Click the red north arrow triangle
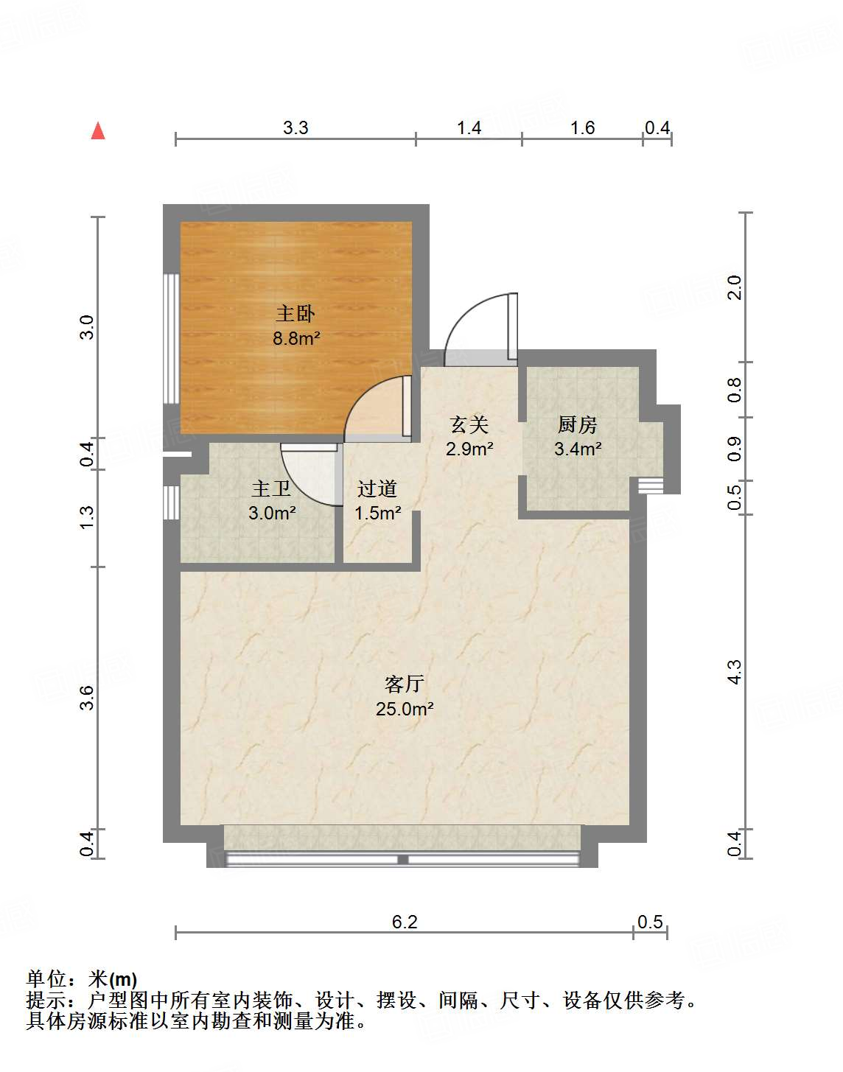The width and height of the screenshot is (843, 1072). point(98,131)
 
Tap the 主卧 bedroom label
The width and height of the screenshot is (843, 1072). point(295,314)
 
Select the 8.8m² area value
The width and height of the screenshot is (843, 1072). point(295,339)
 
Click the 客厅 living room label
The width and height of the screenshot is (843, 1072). point(404,684)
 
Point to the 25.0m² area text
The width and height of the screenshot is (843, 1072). point(404,710)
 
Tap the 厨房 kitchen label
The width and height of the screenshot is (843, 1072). point(577,424)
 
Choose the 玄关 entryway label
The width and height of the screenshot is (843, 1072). point(469,424)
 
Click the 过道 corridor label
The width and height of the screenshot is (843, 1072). point(377,488)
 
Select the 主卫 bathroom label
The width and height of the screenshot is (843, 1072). point(272,488)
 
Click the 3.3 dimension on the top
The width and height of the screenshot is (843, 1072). point(295,128)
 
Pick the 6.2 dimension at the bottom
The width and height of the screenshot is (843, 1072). point(405,922)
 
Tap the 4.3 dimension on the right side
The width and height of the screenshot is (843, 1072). point(735,671)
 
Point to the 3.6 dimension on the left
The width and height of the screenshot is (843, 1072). point(87,697)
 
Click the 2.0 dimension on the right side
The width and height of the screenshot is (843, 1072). point(735,287)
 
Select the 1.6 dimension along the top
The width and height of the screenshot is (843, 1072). point(582,128)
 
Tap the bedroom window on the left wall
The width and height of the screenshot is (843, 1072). point(171,339)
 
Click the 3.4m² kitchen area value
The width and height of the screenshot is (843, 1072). point(578,449)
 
